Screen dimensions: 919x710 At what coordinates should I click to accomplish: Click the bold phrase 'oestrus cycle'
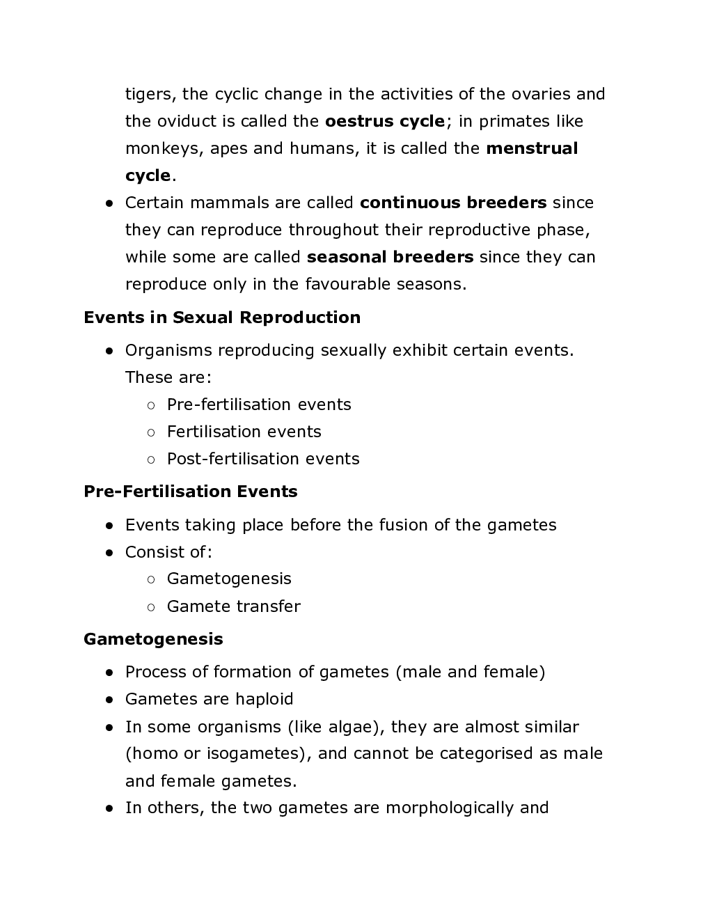click(385, 122)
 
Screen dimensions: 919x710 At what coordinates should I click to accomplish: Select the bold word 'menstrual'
click(532, 149)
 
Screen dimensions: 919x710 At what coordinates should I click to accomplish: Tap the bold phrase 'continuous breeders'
click(453, 203)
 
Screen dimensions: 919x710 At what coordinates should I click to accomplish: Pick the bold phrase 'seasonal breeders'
click(390, 258)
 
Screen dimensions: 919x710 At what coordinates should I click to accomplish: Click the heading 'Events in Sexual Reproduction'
click(222, 318)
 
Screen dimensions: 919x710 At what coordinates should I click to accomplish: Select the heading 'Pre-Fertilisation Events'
click(190, 492)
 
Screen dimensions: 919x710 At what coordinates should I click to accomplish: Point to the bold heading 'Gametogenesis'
click(153, 640)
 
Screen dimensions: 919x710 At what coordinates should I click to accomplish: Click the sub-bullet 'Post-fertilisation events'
click(263, 459)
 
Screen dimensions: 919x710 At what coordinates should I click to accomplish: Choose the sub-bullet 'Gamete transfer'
click(233, 607)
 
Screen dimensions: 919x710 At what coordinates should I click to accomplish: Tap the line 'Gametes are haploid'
click(209, 700)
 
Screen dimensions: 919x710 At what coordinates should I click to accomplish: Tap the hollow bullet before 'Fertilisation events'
click(151, 433)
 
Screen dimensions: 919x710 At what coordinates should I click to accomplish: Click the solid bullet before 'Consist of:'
click(109, 553)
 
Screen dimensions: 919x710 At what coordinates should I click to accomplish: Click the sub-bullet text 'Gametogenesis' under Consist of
click(229, 579)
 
